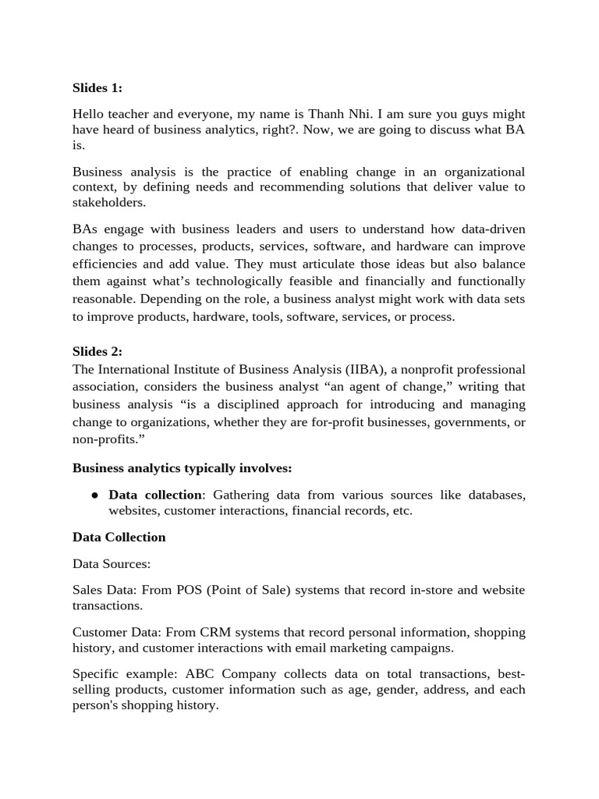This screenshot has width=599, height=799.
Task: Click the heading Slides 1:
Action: [x=97, y=87]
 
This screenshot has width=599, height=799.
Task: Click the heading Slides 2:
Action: [x=97, y=351]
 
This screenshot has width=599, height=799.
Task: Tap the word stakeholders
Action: [x=109, y=202]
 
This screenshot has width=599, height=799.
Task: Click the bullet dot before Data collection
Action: [x=94, y=495]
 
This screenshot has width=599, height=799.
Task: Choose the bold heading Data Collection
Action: [x=119, y=537]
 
